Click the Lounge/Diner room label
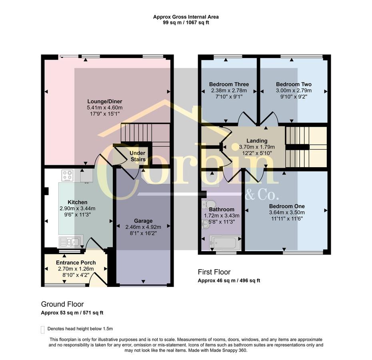pos(105,102)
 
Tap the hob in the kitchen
pos(67,176)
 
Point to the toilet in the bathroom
pos(208,204)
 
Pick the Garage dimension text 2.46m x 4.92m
pos(143,227)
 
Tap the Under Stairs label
pos(138,156)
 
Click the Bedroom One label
pos(287,206)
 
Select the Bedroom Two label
pos(294,84)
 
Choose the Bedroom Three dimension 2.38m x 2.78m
pos(229,90)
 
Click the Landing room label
pos(257,141)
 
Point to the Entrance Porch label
pos(76,262)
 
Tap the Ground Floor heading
pos(62,304)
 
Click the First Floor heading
pos(214,272)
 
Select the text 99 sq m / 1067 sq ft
pos(186,23)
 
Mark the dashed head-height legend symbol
pos(43,330)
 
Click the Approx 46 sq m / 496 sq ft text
pos(229,280)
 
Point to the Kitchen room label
pos(78,202)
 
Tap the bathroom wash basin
pos(206,224)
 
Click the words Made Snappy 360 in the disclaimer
pos(228,350)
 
